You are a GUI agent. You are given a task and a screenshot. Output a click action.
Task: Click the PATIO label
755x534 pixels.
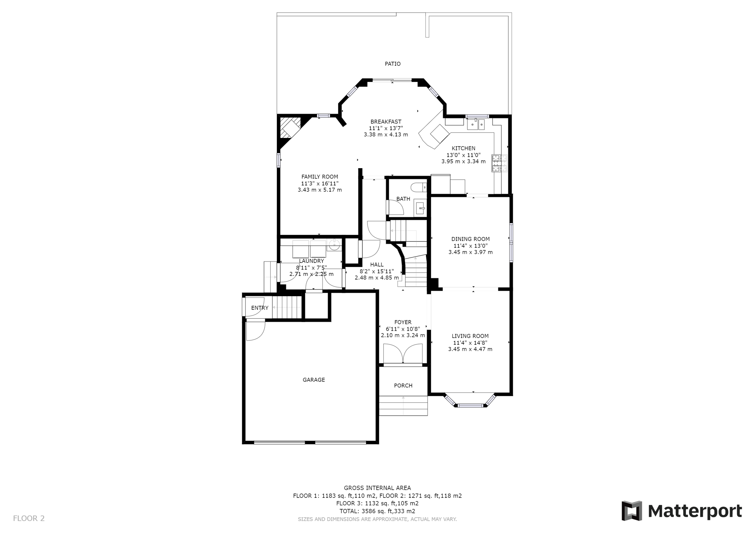393,64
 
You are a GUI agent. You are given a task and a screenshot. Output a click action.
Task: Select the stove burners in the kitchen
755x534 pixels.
500,163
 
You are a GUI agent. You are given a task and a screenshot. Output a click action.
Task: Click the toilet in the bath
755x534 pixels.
420,187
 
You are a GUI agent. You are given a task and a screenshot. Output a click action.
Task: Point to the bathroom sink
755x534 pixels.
421,208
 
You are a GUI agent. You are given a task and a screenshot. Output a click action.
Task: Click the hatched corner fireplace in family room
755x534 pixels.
289,128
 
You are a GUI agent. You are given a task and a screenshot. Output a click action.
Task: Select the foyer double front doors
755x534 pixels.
403,354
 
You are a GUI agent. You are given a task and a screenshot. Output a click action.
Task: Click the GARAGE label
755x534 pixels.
314,380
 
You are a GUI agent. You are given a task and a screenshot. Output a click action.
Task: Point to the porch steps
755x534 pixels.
403,406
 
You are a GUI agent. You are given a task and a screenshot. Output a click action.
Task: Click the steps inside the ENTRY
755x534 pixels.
287,308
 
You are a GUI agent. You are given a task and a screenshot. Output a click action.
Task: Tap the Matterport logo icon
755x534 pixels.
632,511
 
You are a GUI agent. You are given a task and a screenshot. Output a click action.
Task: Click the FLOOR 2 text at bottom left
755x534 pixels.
29,518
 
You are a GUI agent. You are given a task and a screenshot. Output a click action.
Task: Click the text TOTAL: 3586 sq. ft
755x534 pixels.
377,511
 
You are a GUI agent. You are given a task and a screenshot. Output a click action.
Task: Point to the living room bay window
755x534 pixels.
470,405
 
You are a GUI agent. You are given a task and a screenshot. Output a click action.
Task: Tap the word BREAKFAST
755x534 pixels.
386,122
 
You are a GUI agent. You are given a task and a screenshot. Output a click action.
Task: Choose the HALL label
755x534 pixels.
377,264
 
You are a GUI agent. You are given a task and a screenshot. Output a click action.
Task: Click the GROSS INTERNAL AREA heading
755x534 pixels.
377,488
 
